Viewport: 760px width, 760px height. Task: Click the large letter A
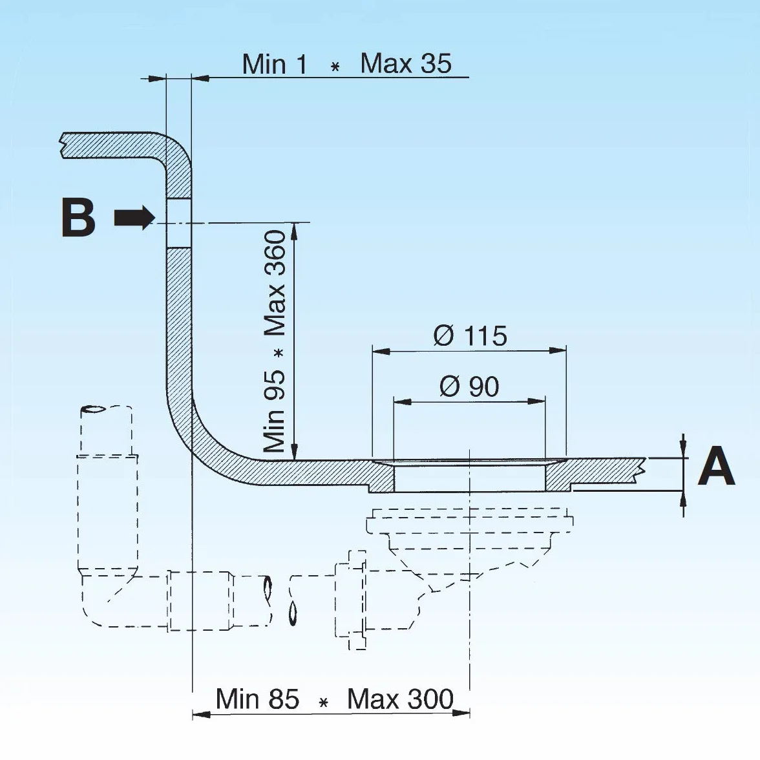pyautogui.click(x=716, y=466)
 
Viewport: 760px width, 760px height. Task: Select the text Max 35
pyautogui.click(x=406, y=63)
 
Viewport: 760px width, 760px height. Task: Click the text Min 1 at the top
pyautogui.click(x=274, y=64)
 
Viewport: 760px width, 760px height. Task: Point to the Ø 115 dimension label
pyautogui.click(x=470, y=335)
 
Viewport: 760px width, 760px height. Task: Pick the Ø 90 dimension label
pyautogui.click(x=469, y=386)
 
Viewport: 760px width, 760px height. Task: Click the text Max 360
pyautogui.click(x=274, y=283)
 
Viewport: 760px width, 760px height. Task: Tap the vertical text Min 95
pyautogui.click(x=274, y=411)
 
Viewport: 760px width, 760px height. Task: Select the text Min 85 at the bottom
pyautogui.click(x=257, y=699)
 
